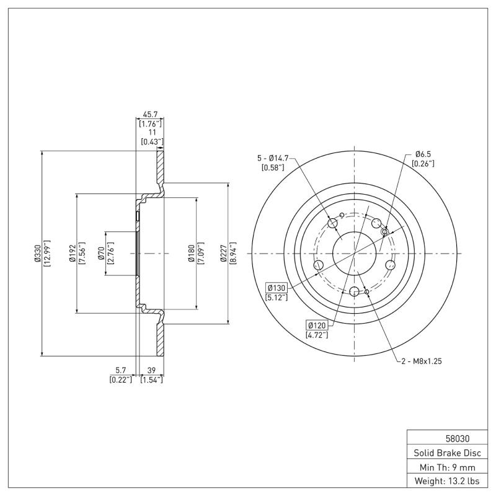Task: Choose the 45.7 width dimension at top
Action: [150, 114]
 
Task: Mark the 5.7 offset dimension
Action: [121, 370]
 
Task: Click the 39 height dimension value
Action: [151, 370]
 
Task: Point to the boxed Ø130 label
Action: [276, 287]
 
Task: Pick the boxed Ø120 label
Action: [317, 325]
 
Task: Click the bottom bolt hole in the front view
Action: [354, 293]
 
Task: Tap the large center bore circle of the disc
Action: [354, 253]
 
